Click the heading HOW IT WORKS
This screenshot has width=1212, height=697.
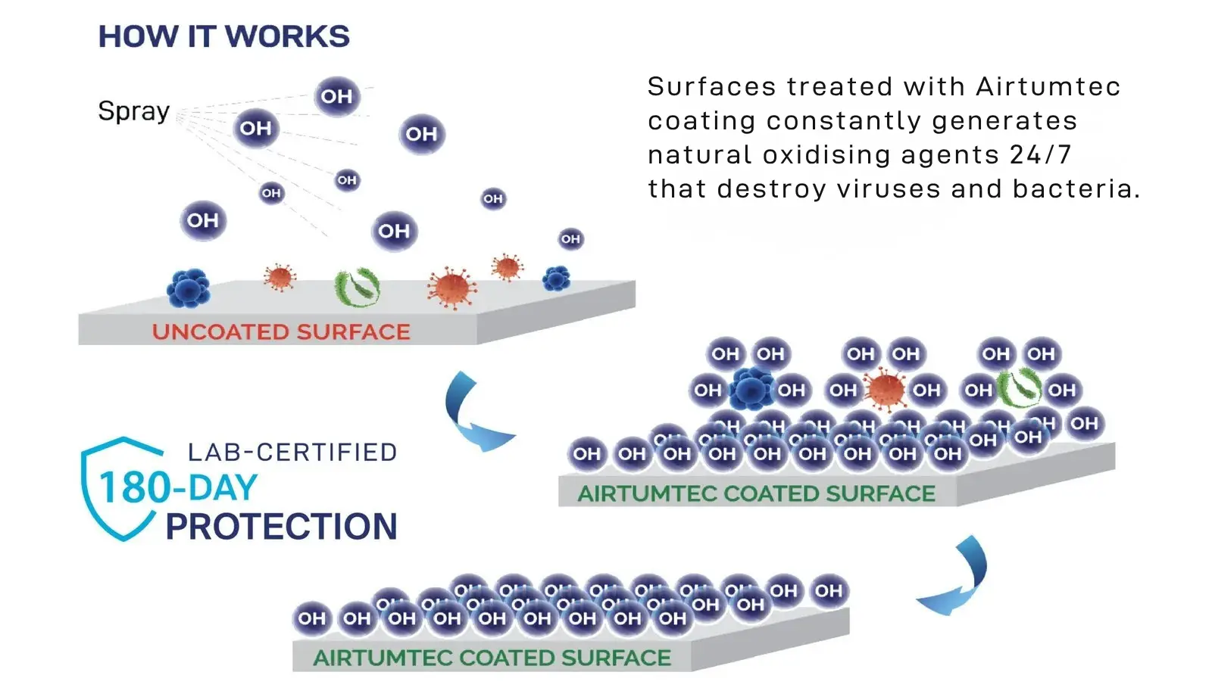pyautogui.click(x=224, y=36)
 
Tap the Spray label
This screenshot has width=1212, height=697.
pyautogui.click(x=134, y=111)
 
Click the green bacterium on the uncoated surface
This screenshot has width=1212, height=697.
pyautogui.click(x=357, y=287)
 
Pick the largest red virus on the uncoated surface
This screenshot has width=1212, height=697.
pyautogui.click(x=451, y=288)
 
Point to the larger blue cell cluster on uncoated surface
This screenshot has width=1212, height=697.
pyautogui.click(x=188, y=288)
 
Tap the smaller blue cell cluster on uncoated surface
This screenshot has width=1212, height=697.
pyautogui.click(x=557, y=278)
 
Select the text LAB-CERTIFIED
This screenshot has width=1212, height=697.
pyautogui.click(x=292, y=453)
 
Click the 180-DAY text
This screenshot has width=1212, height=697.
pyautogui.click(x=179, y=487)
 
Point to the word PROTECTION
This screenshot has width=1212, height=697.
pyautogui.click(x=281, y=527)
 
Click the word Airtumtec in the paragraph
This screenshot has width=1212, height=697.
pyautogui.click(x=1048, y=86)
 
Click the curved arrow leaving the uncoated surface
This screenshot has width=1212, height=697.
pyautogui.click(x=474, y=415)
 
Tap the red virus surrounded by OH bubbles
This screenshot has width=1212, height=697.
pyautogui.click(x=885, y=390)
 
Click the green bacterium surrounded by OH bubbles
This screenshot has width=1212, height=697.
pyautogui.click(x=1020, y=388)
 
